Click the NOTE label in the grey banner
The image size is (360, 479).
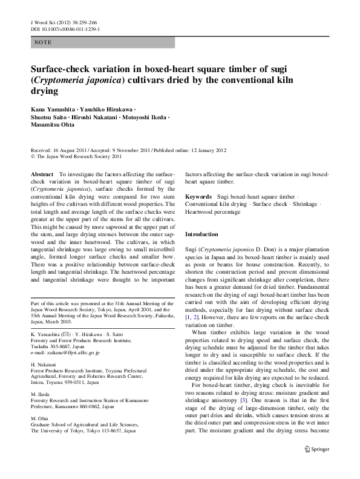(x=43, y=43)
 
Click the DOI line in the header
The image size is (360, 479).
(x=65, y=28)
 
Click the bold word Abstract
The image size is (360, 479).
(x=44, y=173)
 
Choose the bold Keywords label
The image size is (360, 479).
(x=198, y=197)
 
